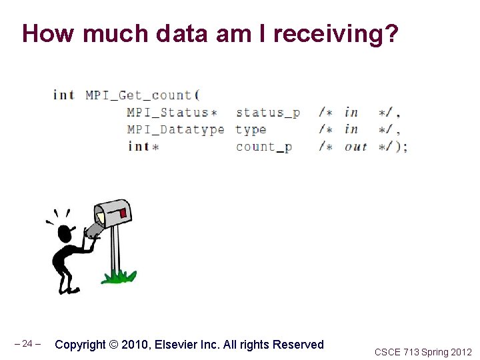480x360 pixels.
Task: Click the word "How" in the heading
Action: coord(49,33)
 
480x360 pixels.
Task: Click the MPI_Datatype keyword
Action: coord(175,129)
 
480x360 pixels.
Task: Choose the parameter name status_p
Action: coord(267,113)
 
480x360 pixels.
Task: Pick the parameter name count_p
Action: coord(264,147)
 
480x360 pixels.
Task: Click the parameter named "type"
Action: coord(251,130)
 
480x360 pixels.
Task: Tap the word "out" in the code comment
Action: coord(355,147)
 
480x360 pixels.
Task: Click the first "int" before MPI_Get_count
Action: coord(63,95)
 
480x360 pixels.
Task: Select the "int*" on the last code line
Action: coord(142,147)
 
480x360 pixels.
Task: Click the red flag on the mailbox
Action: coord(123,213)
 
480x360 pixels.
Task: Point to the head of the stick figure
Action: coord(65,233)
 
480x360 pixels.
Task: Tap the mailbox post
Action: coord(115,250)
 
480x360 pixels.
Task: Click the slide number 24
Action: coord(27,344)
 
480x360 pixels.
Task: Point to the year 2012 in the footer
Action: coord(461,352)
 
